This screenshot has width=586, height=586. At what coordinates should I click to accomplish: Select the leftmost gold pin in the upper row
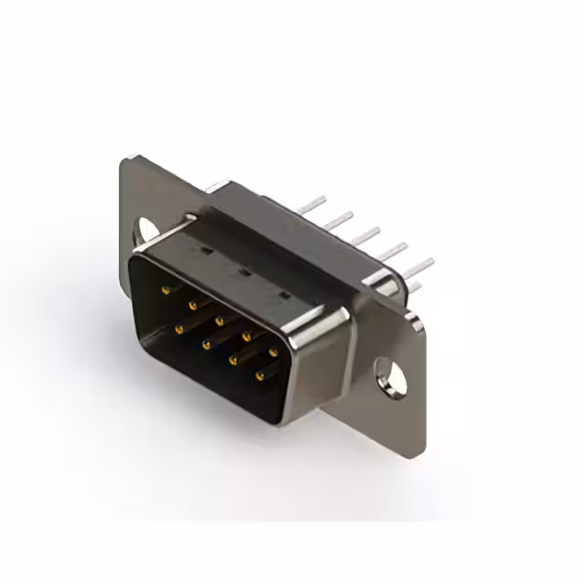click(166, 289)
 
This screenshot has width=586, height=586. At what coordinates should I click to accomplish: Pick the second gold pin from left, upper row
click(192, 305)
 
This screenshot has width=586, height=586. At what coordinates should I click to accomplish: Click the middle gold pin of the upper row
click(220, 321)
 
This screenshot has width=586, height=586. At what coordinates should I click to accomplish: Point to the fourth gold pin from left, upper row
click(246, 336)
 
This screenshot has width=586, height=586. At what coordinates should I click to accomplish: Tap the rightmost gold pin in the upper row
click(273, 352)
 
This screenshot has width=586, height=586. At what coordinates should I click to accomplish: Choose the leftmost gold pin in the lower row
click(179, 326)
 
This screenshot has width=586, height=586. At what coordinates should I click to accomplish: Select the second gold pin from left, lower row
click(206, 343)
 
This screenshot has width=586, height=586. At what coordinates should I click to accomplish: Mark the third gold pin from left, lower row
click(233, 359)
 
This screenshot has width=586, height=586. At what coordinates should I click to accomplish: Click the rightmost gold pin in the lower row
click(259, 375)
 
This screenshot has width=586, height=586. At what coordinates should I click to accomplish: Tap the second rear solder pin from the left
click(341, 218)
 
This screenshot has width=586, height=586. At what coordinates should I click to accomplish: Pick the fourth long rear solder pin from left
click(394, 250)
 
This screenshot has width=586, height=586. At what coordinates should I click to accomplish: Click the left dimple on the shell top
click(207, 249)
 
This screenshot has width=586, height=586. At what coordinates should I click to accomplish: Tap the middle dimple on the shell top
click(244, 271)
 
